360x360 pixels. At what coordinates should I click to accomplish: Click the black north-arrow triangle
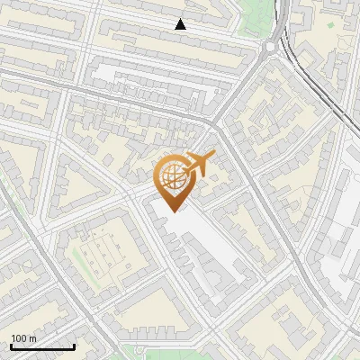pos(181,24)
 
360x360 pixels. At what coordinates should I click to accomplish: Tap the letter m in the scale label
pos(34,338)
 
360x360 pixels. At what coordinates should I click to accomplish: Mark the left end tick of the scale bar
pos(11,346)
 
